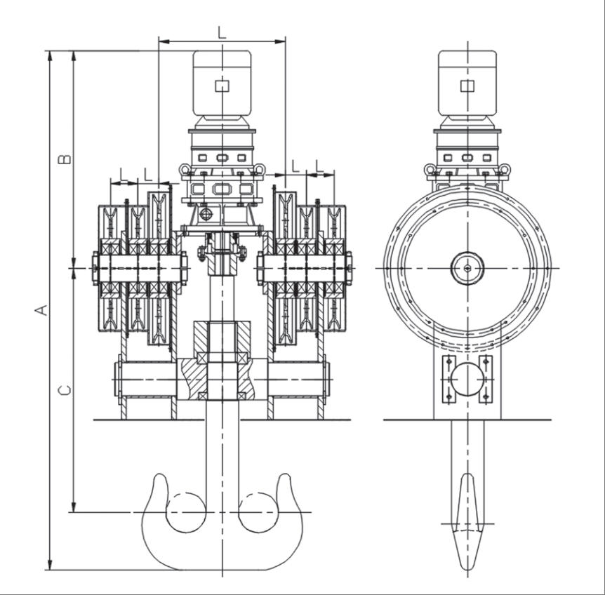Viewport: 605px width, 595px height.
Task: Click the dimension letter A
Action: pyautogui.click(x=41, y=310)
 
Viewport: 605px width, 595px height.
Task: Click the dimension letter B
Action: pyautogui.click(x=65, y=159)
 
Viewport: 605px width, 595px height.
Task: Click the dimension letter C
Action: pyautogui.click(x=65, y=390)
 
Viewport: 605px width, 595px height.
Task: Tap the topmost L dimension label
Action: pyautogui.click(x=222, y=33)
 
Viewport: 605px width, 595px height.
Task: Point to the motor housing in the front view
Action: pyautogui.click(x=222, y=83)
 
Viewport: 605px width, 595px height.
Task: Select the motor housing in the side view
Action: pyautogui.click(x=467, y=83)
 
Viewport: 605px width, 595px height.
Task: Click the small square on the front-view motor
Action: pyautogui.click(x=222, y=86)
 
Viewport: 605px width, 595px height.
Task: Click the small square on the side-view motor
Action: pyautogui.click(x=467, y=86)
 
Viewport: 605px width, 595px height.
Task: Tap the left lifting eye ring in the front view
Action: pyautogui.click(x=185, y=169)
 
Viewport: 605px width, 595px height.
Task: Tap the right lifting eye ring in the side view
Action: pyautogui.click(x=505, y=169)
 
